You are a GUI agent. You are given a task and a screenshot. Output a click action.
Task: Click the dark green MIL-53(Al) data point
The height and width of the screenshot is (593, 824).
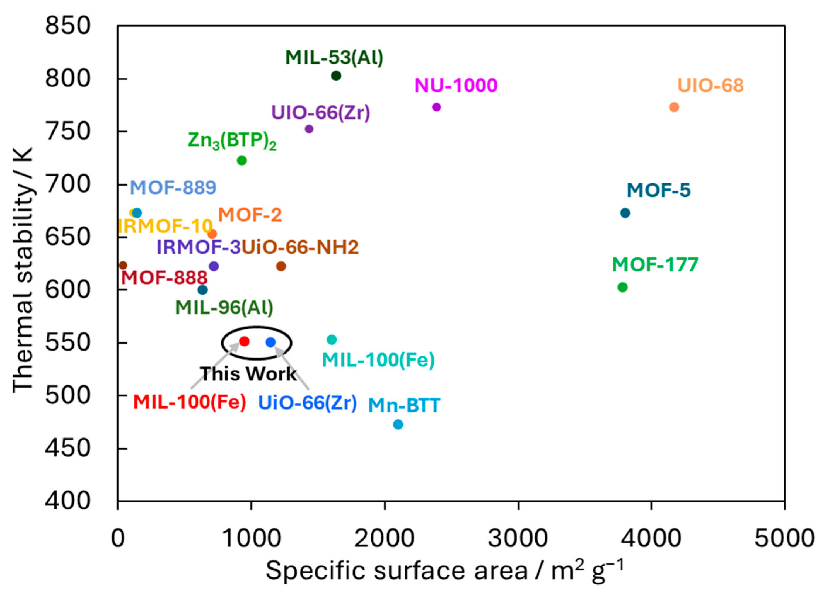click(x=336, y=76)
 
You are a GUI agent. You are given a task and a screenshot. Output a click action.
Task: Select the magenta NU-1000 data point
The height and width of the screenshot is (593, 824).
click(x=437, y=107)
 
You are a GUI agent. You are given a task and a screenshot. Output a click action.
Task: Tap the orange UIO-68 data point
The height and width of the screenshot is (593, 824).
click(x=674, y=107)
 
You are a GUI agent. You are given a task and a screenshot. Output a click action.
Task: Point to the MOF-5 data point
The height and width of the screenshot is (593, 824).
click(x=625, y=213)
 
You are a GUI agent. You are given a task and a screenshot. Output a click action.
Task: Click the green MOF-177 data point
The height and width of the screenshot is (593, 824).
click(x=623, y=287)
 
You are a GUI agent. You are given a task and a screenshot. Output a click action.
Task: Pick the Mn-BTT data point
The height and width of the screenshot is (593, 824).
click(x=398, y=424)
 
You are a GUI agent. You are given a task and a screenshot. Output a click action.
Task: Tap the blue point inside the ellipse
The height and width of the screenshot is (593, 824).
click(x=271, y=342)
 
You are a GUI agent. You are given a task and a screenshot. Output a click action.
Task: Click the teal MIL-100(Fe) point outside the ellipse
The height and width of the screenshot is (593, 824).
click(x=332, y=339)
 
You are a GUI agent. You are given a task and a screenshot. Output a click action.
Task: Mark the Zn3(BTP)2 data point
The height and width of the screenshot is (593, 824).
click(x=242, y=160)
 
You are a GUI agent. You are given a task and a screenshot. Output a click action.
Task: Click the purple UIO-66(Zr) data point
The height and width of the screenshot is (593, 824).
click(x=309, y=129)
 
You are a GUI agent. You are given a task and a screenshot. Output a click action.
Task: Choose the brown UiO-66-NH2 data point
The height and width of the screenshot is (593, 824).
click(x=281, y=266)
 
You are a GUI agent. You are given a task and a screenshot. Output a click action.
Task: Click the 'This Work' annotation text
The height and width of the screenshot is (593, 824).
click(x=248, y=374)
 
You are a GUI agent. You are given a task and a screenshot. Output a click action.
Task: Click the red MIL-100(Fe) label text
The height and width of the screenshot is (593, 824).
click(x=190, y=402)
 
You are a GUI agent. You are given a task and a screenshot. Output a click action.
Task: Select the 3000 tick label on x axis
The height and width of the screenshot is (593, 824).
click(x=518, y=538)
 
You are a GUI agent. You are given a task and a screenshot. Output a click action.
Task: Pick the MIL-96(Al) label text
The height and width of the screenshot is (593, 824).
click(x=224, y=307)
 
